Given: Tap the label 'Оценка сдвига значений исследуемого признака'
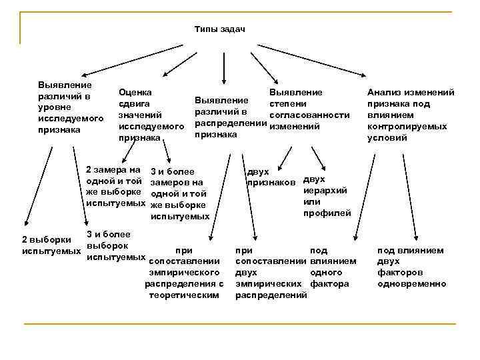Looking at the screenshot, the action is click(151, 115).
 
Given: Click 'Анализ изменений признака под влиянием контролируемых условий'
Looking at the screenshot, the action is click(411, 115).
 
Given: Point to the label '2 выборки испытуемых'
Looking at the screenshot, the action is click(51, 245).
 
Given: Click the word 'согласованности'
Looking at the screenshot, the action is click(309, 115).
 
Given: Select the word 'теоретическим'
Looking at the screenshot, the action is click(183, 295).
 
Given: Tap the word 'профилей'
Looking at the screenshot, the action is click(327, 213).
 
